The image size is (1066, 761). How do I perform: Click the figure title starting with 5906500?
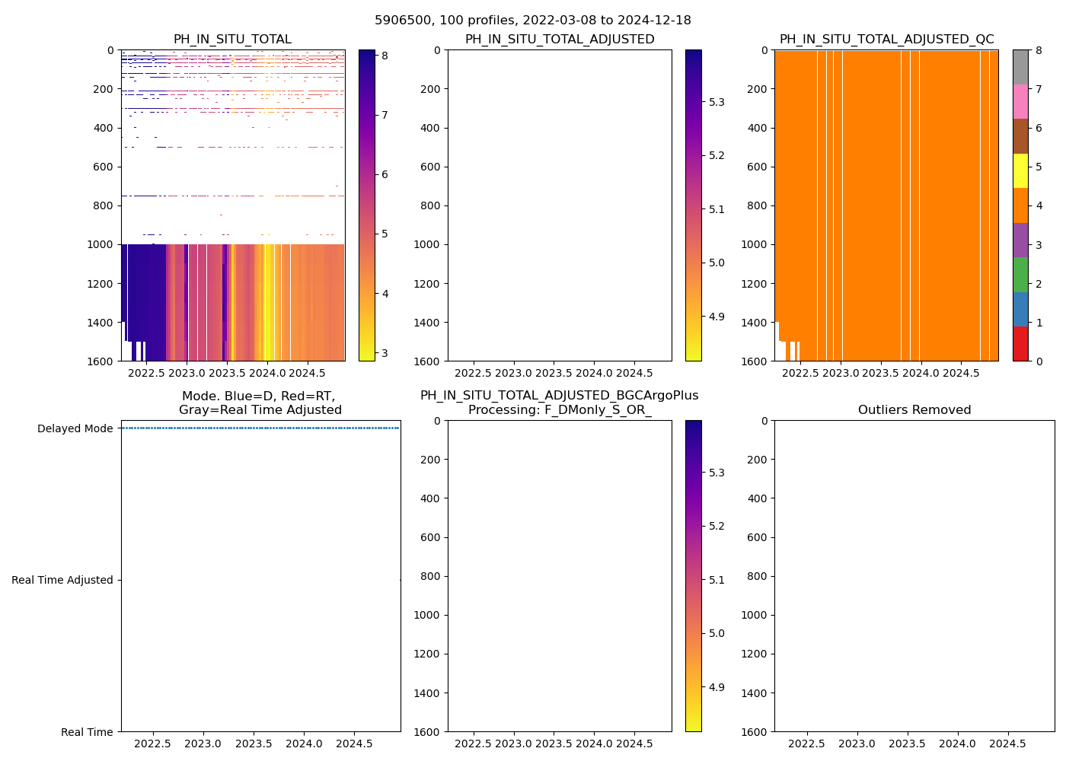tap(533, 21)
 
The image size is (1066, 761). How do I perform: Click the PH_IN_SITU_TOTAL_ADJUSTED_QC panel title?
tap(886, 40)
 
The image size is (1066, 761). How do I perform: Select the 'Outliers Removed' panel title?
tap(914, 410)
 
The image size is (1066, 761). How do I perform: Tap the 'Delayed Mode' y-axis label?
tap(75, 428)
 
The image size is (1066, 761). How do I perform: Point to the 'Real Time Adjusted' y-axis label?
tap(62, 580)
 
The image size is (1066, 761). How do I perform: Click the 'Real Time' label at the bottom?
tap(87, 732)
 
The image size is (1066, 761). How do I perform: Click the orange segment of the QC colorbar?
tap(1020, 205)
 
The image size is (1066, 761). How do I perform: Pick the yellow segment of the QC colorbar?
tap(1020, 171)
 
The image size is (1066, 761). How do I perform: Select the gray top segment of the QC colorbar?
tap(1020, 67)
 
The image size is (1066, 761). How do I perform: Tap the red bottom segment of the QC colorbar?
tap(1020, 344)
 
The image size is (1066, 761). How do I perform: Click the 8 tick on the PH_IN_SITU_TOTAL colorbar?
tap(385, 56)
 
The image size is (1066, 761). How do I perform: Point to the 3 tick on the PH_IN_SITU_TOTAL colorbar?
tap(385, 353)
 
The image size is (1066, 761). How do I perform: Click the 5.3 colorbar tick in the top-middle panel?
tap(717, 102)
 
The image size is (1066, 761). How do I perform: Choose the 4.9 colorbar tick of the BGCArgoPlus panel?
tap(717, 687)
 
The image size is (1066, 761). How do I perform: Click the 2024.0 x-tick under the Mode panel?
tap(304, 743)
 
